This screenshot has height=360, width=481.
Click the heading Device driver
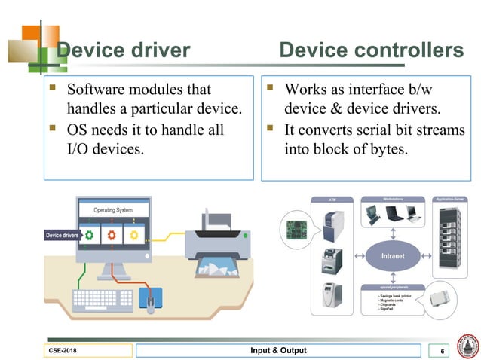(x=124, y=50)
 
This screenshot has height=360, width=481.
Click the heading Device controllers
(x=371, y=50)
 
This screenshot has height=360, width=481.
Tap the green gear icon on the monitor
(x=90, y=235)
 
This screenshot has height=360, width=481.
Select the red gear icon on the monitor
(x=112, y=235)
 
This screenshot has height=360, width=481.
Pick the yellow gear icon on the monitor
(x=134, y=235)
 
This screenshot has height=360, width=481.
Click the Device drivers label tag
(x=63, y=236)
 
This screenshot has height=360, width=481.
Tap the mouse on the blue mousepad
(x=151, y=302)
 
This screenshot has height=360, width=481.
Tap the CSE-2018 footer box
(x=89, y=351)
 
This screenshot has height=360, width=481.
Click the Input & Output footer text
(x=278, y=351)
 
